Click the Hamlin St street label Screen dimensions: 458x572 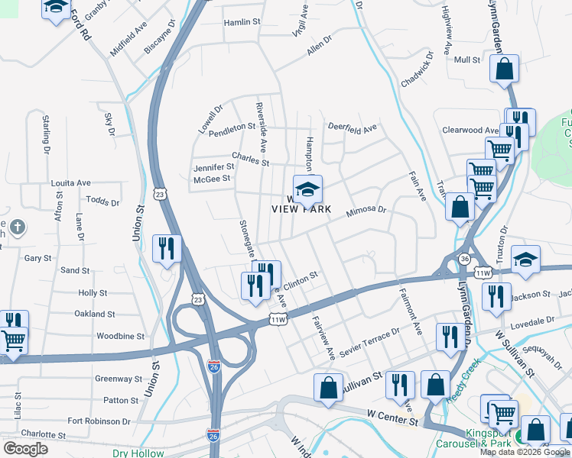coord(242,22)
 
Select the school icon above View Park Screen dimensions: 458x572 coord(307,189)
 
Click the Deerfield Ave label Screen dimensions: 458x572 coord(353,127)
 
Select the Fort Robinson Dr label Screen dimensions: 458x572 coord(99,421)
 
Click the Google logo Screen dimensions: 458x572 coord(25,449)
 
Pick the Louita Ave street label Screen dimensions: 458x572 coord(70,183)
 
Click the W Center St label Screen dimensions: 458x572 coord(392,421)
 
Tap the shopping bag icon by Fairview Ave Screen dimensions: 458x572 coord(327,387)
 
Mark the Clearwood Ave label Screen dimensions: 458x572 coord(472,131)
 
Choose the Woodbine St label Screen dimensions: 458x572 coord(99,336)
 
